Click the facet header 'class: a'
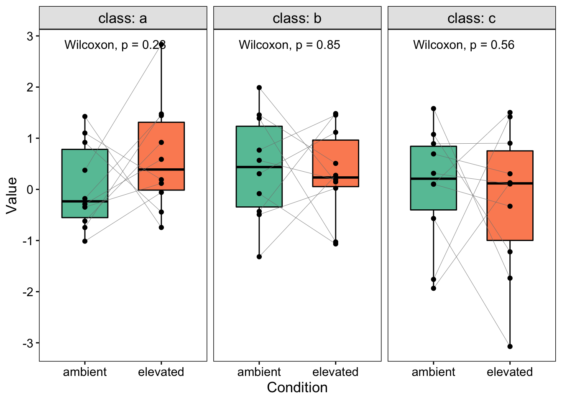click(123, 18)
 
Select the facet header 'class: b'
click(297, 18)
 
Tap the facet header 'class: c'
click(471, 18)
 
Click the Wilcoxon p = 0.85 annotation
click(289, 45)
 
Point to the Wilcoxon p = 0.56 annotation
click(464, 45)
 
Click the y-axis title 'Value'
click(12, 195)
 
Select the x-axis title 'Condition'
click(297, 388)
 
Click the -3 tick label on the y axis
click(28, 343)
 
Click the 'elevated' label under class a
click(161, 372)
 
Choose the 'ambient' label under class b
click(259, 372)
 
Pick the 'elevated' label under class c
click(510, 372)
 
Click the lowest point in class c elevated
click(510, 346)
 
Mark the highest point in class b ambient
click(259, 88)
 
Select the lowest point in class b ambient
click(259, 257)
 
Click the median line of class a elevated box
click(161, 170)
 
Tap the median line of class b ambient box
click(259, 167)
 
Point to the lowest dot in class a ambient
click(85, 241)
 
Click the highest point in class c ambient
click(434, 109)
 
